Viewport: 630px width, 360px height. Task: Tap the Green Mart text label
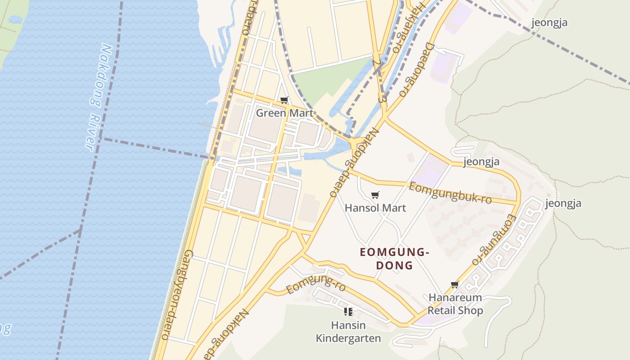tap(284, 113)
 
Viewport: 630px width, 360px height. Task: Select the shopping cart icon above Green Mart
tap(284, 100)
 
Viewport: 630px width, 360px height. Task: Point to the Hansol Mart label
tap(375, 208)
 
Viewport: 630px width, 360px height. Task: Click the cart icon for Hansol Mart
tap(375, 195)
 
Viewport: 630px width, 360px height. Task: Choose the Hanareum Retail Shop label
tap(455, 304)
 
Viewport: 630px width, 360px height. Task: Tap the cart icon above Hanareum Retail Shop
tap(454, 284)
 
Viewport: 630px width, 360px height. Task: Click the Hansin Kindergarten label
tap(348, 332)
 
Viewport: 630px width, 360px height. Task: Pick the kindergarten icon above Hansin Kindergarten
tap(348, 311)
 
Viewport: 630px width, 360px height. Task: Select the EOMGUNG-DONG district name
tap(394, 259)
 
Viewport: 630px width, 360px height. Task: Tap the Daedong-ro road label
tap(416, 69)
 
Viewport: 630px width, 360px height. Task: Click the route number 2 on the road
tap(376, 62)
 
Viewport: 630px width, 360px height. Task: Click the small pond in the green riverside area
tap(15, 20)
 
